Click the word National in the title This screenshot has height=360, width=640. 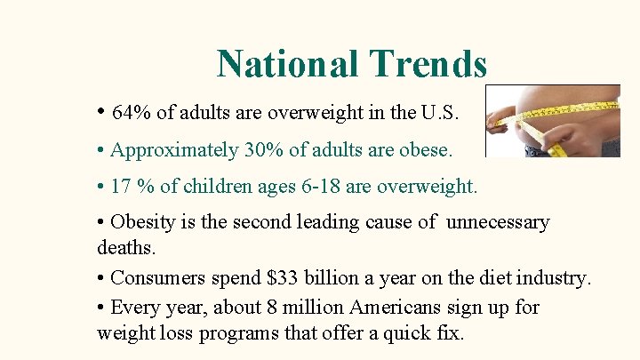[x=286, y=64]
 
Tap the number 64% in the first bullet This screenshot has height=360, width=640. [x=132, y=113]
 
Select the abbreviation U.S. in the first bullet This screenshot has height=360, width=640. [x=440, y=113]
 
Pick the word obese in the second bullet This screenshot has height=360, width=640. [x=426, y=150]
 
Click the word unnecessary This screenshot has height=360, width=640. [x=498, y=221]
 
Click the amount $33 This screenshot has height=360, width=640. [x=284, y=277]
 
